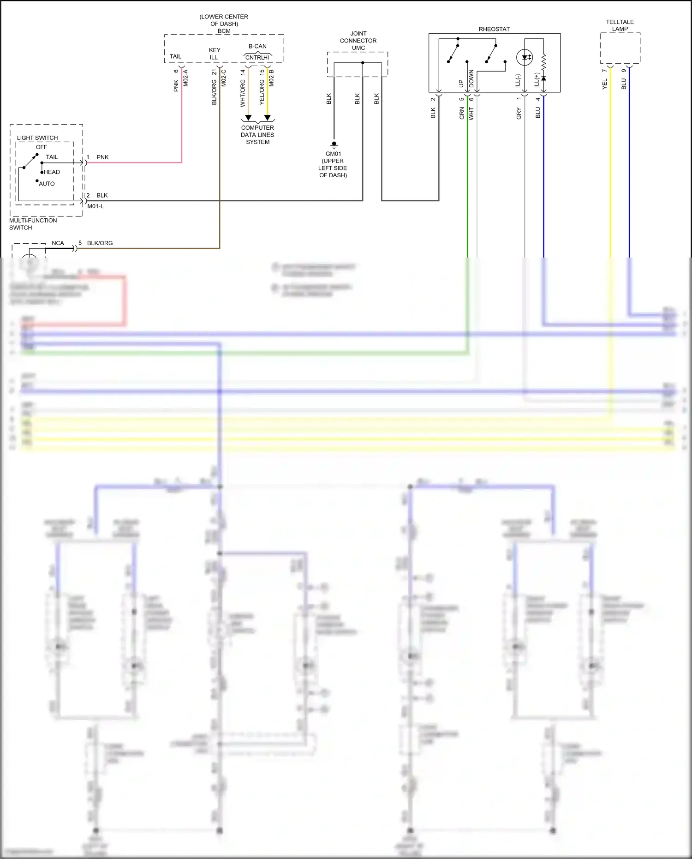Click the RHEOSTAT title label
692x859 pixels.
(494, 29)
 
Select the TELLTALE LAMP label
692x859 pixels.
(620, 25)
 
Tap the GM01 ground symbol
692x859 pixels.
(334, 144)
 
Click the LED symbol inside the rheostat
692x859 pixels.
(525, 58)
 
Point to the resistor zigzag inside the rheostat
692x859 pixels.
(543, 61)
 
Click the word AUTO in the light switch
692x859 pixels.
(47, 184)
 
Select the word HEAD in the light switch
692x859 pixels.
(52, 172)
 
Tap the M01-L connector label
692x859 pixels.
(95, 206)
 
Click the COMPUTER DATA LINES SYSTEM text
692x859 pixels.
(257, 135)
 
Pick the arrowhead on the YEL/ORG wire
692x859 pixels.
(268, 118)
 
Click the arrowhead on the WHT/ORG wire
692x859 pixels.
(248, 118)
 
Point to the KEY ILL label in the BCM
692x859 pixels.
(215, 54)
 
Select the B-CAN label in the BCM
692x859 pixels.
(257, 46)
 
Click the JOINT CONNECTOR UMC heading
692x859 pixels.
(358, 41)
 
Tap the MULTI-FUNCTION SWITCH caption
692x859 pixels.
(33, 224)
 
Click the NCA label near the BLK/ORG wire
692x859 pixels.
(58, 243)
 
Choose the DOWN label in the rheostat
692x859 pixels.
(471, 79)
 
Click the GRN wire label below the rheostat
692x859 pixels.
(462, 113)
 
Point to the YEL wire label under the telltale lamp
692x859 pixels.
(605, 84)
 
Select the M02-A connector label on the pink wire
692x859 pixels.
(186, 78)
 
